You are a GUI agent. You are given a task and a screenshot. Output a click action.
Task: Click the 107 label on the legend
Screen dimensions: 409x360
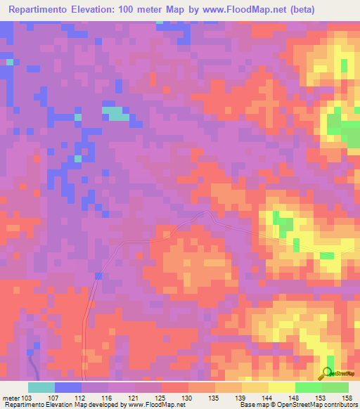(x=53, y=397)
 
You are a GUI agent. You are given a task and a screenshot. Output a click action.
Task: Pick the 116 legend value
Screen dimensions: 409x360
(x=106, y=397)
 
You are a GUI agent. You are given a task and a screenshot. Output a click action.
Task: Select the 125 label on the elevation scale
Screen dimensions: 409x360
(x=160, y=397)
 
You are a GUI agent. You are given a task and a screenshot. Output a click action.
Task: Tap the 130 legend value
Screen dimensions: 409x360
(x=188, y=397)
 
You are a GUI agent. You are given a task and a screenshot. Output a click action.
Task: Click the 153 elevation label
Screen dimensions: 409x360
(x=321, y=397)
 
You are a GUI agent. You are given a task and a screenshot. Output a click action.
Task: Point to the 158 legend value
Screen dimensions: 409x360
(x=347, y=397)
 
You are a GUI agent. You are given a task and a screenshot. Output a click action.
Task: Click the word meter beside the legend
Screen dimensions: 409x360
(x=11, y=397)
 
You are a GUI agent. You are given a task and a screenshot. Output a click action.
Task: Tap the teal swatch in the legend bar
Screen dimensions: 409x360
(x=41, y=387)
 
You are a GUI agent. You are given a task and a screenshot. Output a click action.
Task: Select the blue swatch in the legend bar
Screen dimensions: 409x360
(x=68, y=387)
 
